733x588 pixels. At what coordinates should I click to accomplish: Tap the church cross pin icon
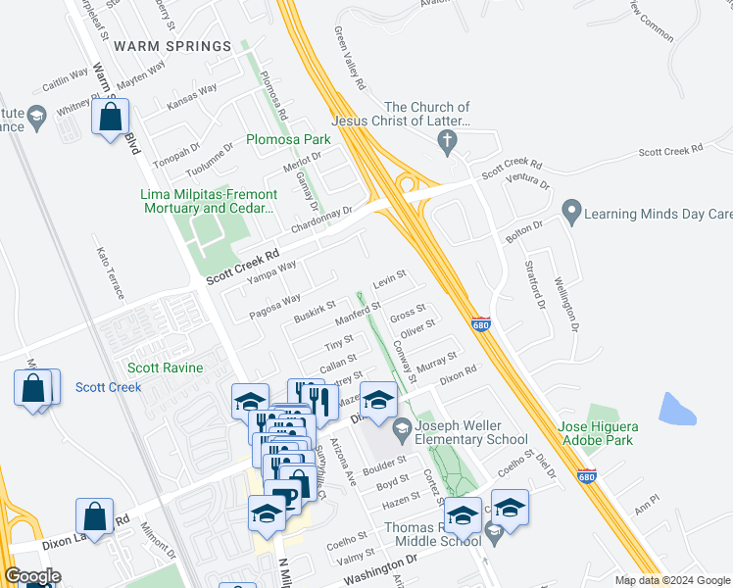click(449, 142)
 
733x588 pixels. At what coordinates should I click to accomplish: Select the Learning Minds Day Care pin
click(570, 212)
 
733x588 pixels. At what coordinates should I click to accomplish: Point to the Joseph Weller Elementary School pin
click(402, 428)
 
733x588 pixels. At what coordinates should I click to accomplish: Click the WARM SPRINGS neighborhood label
click(172, 46)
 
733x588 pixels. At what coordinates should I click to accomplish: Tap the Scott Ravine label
click(166, 368)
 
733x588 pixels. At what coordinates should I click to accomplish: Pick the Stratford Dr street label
click(539, 283)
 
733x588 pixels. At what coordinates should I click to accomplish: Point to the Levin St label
click(389, 280)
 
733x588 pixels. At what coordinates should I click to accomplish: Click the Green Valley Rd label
click(348, 60)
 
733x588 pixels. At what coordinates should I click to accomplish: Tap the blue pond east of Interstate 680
click(677, 409)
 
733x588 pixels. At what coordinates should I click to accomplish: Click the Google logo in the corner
click(32, 576)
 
